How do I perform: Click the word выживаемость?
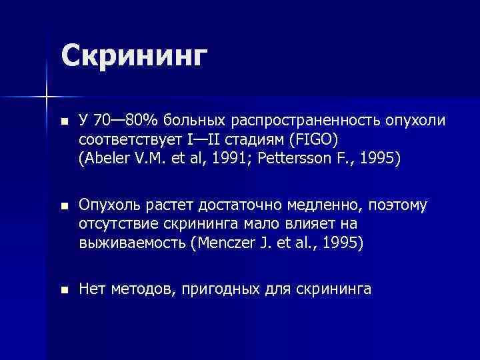(x=132, y=243)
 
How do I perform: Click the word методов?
(x=139, y=289)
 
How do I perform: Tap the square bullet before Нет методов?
(x=63, y=290)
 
